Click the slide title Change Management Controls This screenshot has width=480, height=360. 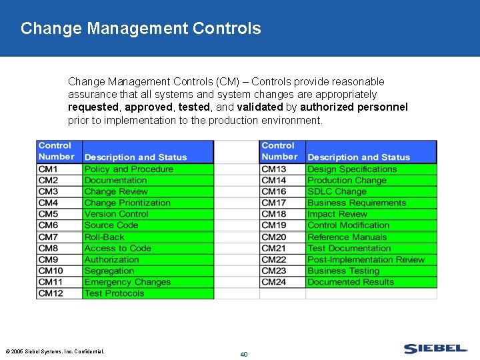click(141, 29)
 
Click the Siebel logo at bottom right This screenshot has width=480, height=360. click(435, 349)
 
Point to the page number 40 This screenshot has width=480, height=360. click(243, 354)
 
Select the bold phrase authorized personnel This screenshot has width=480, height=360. click(353, 107)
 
